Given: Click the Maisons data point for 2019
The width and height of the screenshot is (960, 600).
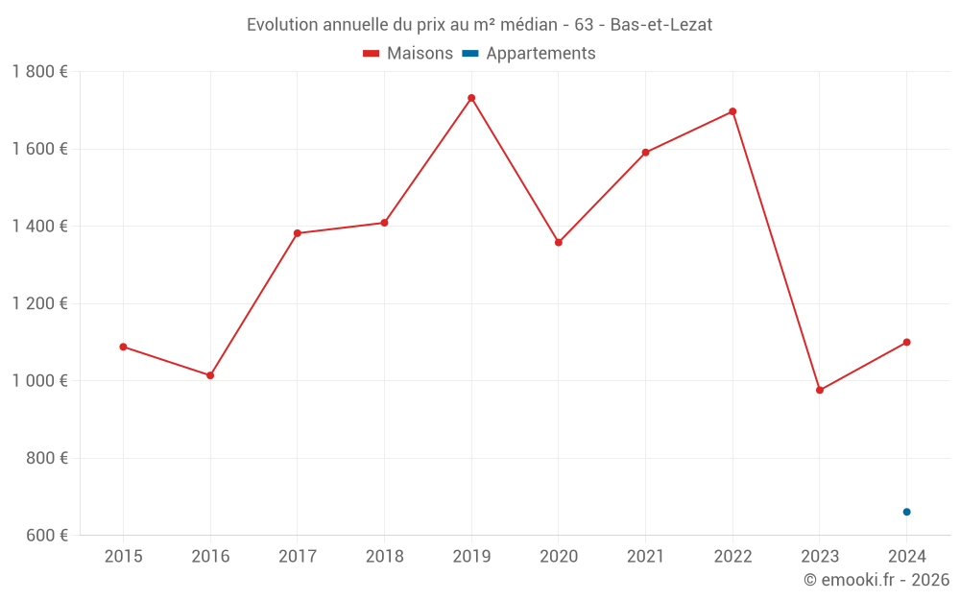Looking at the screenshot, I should pyautogui.click(x=471, y=98).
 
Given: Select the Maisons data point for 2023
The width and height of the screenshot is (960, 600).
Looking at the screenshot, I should pyautogui.click(x=820, y=391).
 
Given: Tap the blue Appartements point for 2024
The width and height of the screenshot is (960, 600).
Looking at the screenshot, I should pyautogui.click(x=906, y=512).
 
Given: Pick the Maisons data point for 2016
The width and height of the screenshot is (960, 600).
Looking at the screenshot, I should pyautogui.click(x=210, y=375).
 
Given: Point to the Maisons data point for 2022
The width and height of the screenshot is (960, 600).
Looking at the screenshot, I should pyautogui.click(x=732, y=111).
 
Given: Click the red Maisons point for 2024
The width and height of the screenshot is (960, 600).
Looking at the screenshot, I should pyautogui.click(x=906, y=343).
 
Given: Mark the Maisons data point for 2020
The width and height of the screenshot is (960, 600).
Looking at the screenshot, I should pyautogui.click(x=559, y=243).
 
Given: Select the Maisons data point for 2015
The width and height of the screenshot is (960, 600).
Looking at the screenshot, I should pyautogui.click(x=123, y=347).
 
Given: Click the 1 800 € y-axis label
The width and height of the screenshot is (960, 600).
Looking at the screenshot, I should pyautogui.click(x=39, y=72).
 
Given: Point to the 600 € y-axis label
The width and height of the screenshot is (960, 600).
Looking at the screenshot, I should pyautogui.click(x=46, y=536).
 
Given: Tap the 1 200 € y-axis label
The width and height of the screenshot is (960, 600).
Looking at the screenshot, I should pyautogui.click(x=39, y=303).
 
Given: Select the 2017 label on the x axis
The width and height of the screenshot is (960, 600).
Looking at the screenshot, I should pyautogui.click(x=298, y=557).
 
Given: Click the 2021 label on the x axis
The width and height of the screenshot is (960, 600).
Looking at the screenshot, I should pyautogui.click(x=645, y=557).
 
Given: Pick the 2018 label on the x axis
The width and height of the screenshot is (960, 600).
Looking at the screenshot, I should pyautogui.click(x=384, y=557).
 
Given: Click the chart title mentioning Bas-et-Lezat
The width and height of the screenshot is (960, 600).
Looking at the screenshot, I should pyautogui.click(x=479, y=25).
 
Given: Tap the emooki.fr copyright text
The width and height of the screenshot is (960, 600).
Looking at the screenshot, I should pyautogui.click(x=876, y=580).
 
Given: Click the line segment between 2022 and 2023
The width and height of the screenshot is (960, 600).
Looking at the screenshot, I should pyautogui.click(x=776, y=251).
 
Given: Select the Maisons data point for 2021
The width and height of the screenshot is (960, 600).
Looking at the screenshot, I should pyautogui.click(x=645, y=153).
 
